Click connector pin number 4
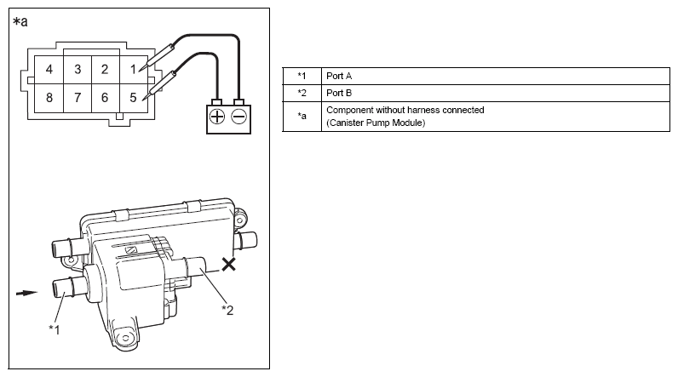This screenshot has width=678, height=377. point(49,69)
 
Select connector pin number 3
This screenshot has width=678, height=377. point(78,69)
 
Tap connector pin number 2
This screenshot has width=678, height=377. point(105,69)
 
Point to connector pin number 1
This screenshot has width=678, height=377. point(133,69)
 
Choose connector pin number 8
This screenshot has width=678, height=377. point(49,98)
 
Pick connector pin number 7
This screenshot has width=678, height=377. point(78,98)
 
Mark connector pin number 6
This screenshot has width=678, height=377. point(105,98)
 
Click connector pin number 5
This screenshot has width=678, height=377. point(133,98)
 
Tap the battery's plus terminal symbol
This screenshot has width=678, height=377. point(217,117)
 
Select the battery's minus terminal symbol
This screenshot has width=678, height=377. point(239,117)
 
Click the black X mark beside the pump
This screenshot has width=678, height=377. point(229,264)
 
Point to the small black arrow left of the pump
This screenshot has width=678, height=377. point(26,294)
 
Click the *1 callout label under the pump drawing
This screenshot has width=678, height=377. point(54,329)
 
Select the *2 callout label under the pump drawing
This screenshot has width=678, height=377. point(227,310)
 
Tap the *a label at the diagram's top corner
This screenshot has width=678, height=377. point(20,21)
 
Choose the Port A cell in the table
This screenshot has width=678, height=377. point(339,76)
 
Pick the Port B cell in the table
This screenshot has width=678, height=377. point(339,93)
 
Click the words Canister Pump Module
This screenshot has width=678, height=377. point(376,123)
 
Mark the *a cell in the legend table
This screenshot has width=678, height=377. point(302,116)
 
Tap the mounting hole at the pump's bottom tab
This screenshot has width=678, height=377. point(126,338)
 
